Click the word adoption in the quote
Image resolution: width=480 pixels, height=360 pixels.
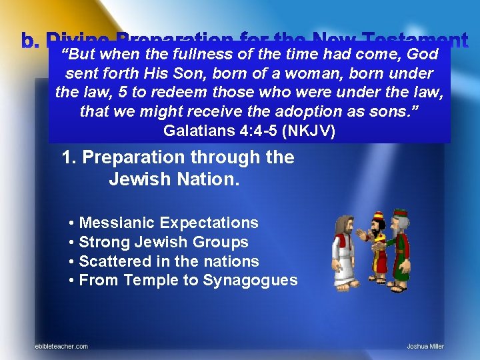click(x=318, y=112)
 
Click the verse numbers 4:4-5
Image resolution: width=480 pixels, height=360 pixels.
click(x=256, y=131)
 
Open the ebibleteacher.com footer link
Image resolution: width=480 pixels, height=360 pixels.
click(x=61, y=346)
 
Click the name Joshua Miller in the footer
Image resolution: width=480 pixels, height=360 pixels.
click(x=425, y=346)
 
